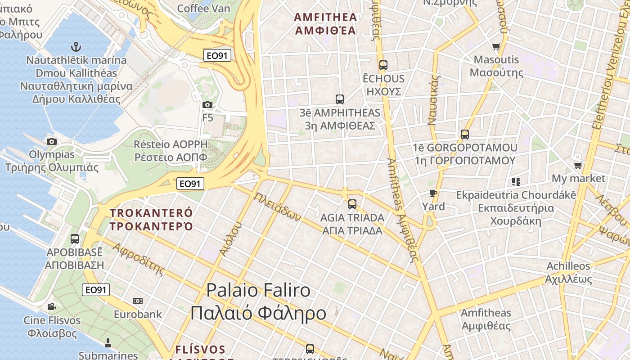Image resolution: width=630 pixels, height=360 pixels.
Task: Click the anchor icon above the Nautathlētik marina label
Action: click(76, 46)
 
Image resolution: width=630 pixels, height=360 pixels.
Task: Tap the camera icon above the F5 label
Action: click(207, 105)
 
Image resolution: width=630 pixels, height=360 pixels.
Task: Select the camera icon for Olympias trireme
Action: click(52, 141)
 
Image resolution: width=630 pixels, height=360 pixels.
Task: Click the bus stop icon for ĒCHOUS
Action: click(383, 65)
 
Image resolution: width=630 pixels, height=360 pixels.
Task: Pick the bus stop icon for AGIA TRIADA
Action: click(352, 204)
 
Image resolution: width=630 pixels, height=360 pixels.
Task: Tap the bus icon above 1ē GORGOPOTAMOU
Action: click(465, 134)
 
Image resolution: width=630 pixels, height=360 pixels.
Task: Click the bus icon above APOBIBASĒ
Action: click(75, 239)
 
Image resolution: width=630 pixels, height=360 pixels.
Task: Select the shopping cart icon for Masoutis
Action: click(496, 46)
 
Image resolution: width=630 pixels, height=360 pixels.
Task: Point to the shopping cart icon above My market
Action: click(578, 165)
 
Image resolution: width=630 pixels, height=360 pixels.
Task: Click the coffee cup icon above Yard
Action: click(433, 193)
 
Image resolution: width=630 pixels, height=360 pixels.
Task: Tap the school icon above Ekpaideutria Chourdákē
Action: click(516, 182)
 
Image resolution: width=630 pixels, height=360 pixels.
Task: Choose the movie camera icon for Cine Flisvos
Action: click(52, 307)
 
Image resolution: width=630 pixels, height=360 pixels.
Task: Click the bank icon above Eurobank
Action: click(138, 301)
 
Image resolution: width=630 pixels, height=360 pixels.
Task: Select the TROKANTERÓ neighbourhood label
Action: click(151, 219)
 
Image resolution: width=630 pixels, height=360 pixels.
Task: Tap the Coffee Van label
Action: click(204, 8)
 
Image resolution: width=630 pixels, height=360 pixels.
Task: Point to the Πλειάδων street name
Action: click(277, 207)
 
